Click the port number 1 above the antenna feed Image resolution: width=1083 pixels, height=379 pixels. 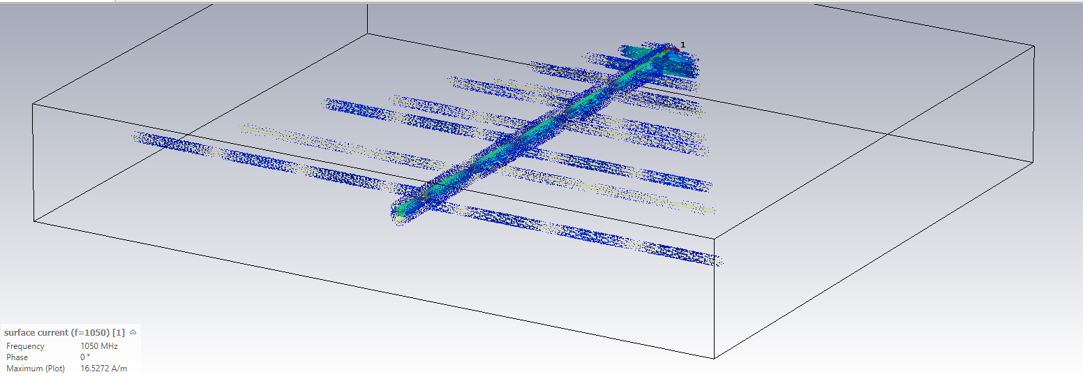click(x=682, y=45)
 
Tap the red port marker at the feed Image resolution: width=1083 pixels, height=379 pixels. click(x=673, y=50)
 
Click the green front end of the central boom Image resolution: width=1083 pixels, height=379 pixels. click(x=401, y=211)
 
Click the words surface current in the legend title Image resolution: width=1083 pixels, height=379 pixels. click(x=36, y=333)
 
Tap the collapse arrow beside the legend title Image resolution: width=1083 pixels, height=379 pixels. click(x=133, y=332)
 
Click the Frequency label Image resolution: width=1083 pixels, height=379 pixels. click(x=25, y=346)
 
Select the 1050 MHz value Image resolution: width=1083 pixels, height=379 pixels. click(x=99, y=346)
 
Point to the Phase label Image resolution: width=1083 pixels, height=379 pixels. click(x=17, y=357)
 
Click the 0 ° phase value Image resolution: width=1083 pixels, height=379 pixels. click(x=85, y=357)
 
